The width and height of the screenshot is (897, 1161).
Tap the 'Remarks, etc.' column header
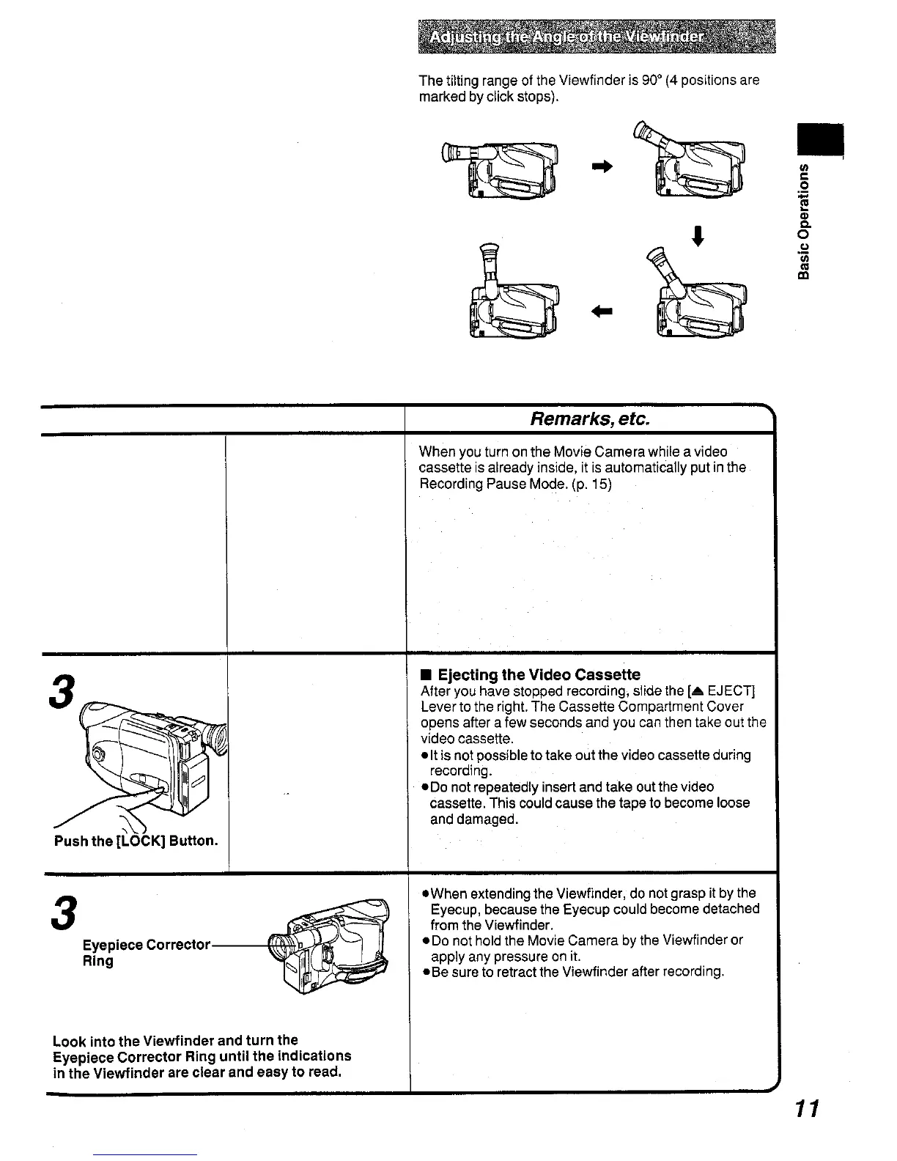[x=589, y=419]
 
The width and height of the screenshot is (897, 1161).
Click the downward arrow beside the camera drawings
[x=700, y=238]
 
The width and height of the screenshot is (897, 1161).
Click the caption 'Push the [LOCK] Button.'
[x=136, y=840]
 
